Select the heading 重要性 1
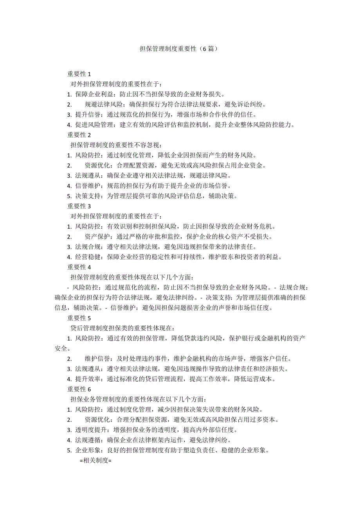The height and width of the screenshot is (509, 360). coord(79,74)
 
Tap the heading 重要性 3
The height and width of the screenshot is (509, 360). coord(79,206)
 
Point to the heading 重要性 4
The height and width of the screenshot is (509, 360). coord(79,267)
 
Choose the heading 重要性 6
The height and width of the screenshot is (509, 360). coord(79,389)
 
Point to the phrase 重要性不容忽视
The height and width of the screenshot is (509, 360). coord(137,145)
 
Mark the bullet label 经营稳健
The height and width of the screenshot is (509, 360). coord(89,257)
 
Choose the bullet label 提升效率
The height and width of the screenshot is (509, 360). coord(89,379)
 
